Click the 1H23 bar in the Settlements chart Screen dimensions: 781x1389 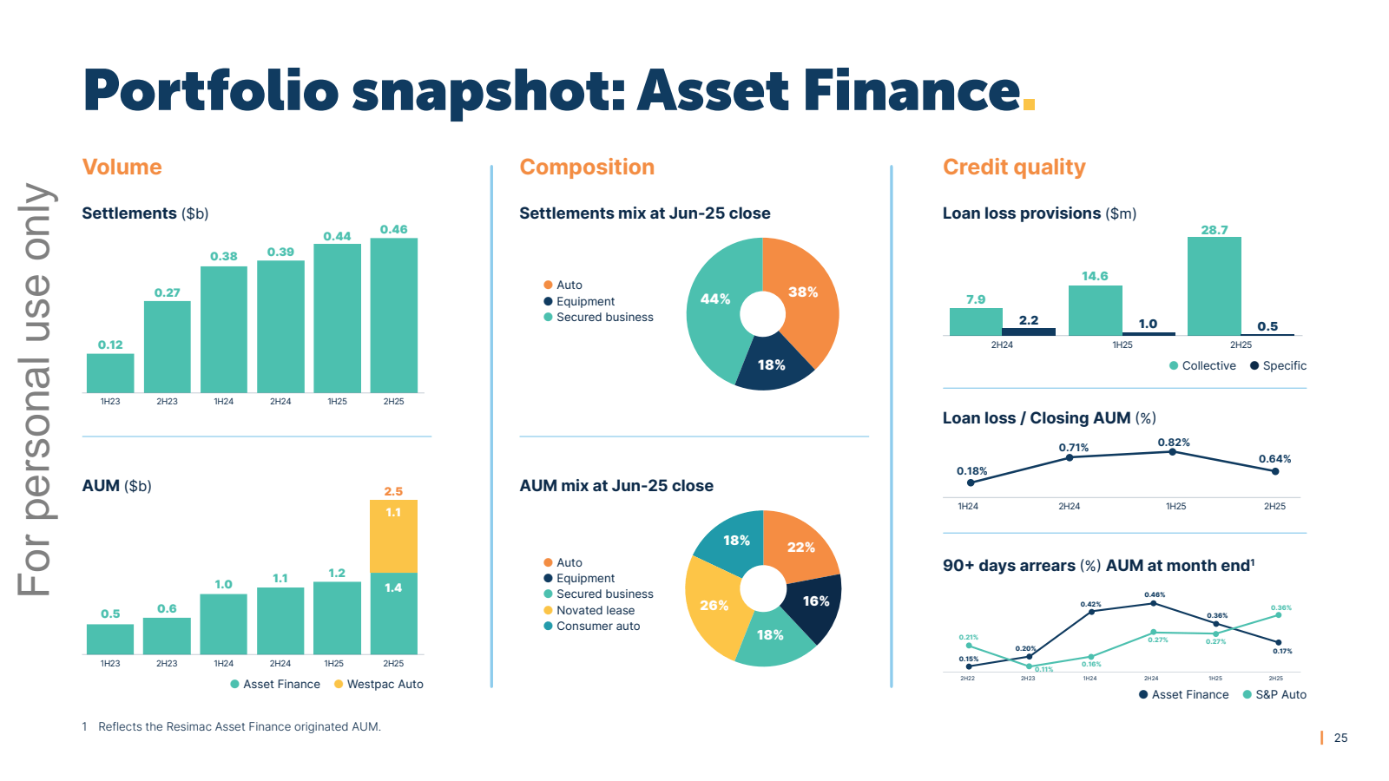[x=110, y=373]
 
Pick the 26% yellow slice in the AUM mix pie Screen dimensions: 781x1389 [x=713, y=607]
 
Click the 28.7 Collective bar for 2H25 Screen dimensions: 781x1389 [x=1214, y=286]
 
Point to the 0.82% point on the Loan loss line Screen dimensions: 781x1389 [x=1172, y=452]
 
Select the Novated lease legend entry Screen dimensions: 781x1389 [x=595, y=610]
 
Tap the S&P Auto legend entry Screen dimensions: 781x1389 [x=1280, y=694]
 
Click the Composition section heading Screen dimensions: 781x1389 [x=587, y=167]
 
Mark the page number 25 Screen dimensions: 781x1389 [x=1340, y=738]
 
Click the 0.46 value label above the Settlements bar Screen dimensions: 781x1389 [x=393, y=230]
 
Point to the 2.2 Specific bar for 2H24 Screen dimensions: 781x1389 [x=1029, y=331]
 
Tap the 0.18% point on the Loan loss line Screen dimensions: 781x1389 [x=971, y=482]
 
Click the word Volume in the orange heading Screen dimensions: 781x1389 [x=122, y=167]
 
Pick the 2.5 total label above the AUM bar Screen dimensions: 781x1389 [x=393, y=491]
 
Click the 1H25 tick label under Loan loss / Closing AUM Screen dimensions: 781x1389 [x=1175, y=506]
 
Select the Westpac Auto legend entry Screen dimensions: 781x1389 [x=384, y=684]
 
